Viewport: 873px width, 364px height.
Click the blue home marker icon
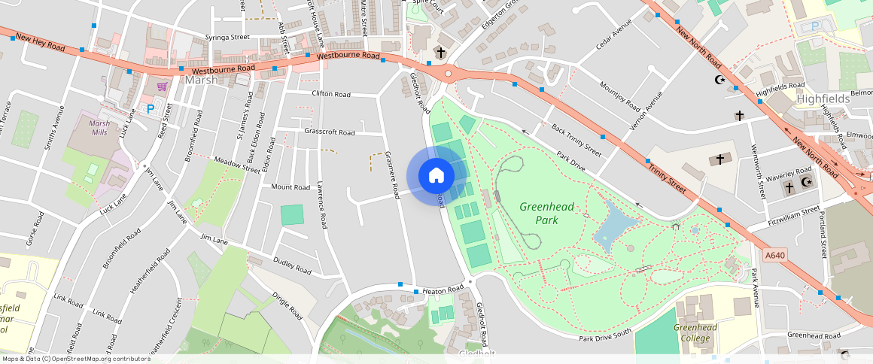click(x=436, y=176)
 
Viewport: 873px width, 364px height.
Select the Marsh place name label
click(x=201, y=80)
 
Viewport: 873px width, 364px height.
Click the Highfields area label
click(x=823, y=99)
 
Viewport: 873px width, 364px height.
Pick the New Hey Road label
click(x=40, y=41)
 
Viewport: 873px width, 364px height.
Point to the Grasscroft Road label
click(x=330, y=132)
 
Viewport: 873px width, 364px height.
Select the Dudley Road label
click(x=292, y=265)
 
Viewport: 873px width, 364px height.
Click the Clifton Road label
click(x=331, y=95)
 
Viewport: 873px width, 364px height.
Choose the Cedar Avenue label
click(x=612, y=35)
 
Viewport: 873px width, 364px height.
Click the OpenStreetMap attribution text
click(x=75, y=359)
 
